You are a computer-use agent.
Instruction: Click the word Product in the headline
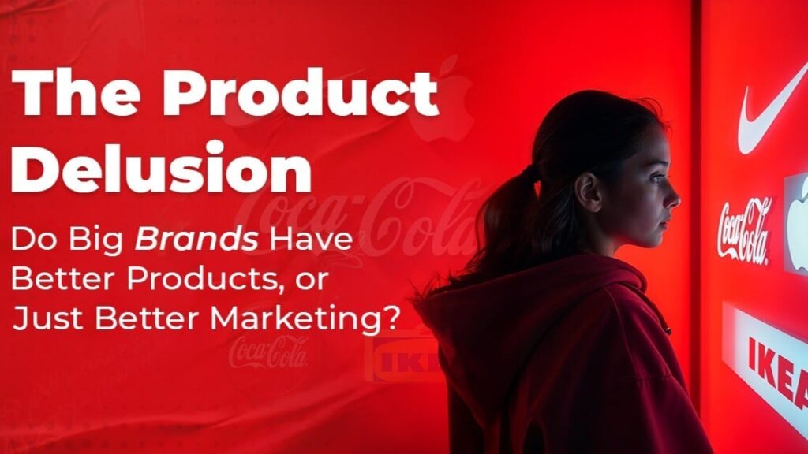tap(300, 92)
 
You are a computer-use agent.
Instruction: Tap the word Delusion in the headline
tap(161, 167)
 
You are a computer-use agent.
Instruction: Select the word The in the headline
tap(77, 92)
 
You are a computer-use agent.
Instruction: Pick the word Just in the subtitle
tap(47, 318)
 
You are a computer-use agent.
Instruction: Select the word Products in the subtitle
tap(205, 279)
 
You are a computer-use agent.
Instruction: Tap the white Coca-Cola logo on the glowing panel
tap(744, 229)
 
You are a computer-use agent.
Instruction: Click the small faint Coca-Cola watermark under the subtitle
tap(268, 352)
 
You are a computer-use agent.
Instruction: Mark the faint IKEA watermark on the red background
tap(402, 357)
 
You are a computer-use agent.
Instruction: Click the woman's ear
tap(588, 192)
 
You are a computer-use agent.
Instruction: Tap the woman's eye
tap(656, 179)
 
